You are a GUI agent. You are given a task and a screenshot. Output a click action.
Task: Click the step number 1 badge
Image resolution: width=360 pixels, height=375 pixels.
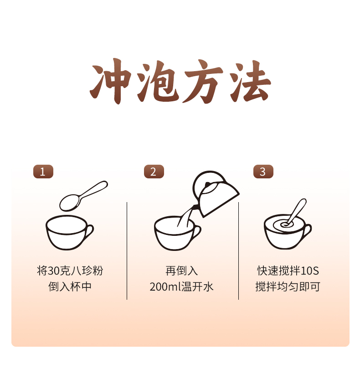coord(43,172)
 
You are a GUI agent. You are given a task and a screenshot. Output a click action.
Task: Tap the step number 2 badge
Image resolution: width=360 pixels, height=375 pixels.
coord(154,172)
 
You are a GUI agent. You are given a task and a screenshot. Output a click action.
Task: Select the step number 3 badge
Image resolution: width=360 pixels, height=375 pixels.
coord(263,172)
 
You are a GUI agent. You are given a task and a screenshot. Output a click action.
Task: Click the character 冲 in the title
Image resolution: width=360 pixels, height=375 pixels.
coord(111,81)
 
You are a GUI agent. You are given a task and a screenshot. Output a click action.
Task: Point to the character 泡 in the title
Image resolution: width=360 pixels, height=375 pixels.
coord(158,81)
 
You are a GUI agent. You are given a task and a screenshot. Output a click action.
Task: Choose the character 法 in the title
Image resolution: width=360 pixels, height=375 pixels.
coord(250,81)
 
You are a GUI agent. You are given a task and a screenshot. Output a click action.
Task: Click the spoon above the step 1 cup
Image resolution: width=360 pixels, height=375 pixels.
coord(83,196)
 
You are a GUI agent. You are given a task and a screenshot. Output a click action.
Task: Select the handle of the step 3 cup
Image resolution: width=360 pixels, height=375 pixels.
coord(307,231)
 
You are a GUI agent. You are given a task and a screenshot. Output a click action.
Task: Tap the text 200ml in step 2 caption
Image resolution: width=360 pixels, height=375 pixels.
coord(165,287)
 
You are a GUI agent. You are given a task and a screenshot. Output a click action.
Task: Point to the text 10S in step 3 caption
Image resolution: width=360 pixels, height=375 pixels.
coord(310,271)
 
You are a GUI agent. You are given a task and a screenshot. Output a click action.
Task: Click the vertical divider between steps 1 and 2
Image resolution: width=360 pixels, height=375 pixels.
coord(127,250)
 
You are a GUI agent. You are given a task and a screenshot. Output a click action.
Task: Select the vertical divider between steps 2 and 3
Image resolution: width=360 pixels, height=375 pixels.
coord(238,250)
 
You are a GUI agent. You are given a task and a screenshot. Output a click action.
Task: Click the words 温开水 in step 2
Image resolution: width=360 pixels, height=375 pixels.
coord(197,287)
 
